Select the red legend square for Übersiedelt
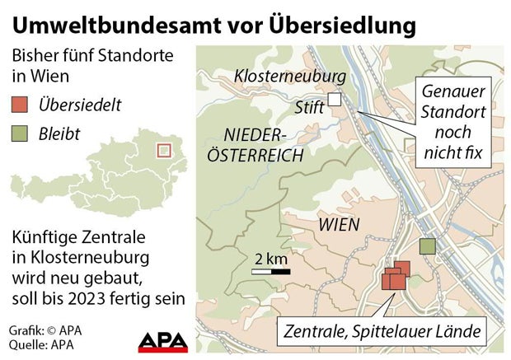coord(20,105)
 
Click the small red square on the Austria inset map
coord(163,151)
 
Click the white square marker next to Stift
coord(334,101)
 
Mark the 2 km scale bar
coord(270,269)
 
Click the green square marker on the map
coord(427,245)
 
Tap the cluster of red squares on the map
coord(395,278)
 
